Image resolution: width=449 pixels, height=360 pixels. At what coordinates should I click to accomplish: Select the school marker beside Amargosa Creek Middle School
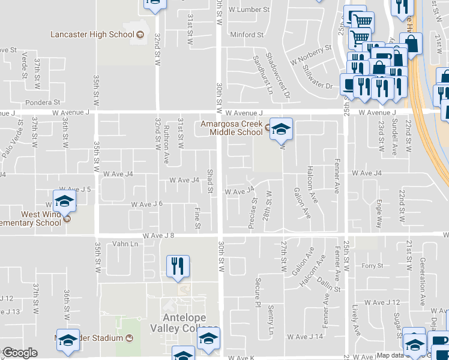pyautogui.click(x=280, y=128)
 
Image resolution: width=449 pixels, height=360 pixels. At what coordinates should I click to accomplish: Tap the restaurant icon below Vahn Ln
pyautogui.click(x=178, y=266)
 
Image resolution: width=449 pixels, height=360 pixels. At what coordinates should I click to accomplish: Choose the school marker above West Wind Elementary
pyautogui.click(x=65, y=201)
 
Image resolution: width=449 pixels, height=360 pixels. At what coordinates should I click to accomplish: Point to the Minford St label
pyautogui.click(x=247, y=35)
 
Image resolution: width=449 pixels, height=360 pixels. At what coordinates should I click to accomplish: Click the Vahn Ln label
pyautogui.click(x=125, y=244)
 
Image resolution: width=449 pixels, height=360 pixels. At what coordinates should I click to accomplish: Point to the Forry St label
pyautogui.click(x=372, y=266)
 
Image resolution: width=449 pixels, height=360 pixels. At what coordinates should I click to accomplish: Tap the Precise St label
pyautogui.click(x=252, y=213)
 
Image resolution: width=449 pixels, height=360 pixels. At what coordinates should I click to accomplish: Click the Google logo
pyautogui.click(x=20, y=353)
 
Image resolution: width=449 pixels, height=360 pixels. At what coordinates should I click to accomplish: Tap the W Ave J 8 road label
pyautogui.click(x=158, y=236)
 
